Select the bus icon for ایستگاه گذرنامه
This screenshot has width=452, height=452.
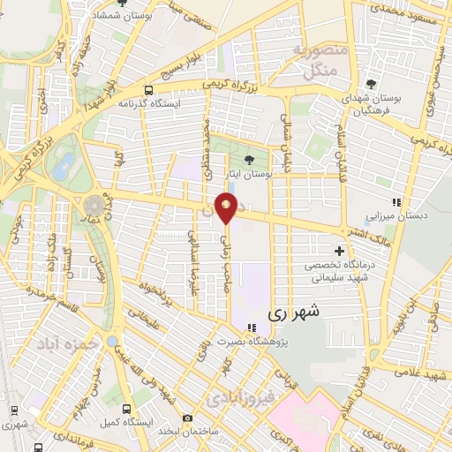[x=148, y=90]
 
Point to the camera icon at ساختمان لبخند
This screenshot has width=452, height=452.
[x=186, y=418]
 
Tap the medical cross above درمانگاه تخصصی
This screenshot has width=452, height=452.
[x=338, y=251]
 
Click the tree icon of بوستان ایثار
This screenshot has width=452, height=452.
[x=248, y=160]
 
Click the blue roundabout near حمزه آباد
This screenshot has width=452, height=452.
[x=112, y=341]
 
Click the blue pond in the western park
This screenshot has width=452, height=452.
[x=64, y=164]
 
